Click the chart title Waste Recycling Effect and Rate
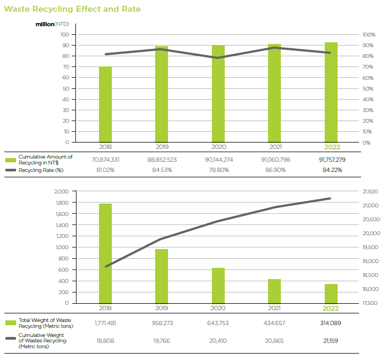[x=72, y=9]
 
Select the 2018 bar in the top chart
[x=105, y=104]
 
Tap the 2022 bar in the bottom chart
[x=331, y=293]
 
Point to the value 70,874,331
[x=105, y=160]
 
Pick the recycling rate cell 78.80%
[x=218, y=170]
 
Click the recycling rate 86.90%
[x=274, y=170]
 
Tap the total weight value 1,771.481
[x=105, y=323]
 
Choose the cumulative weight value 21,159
[x=331, y=340]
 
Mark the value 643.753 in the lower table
[x=218, y=323]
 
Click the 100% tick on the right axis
[x=369, y=35]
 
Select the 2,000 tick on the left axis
[x=62, y=191]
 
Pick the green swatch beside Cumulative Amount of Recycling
[x=11, y=160]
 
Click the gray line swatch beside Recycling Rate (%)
[x=11, y=170]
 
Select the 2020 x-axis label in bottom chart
[x=218, y=308]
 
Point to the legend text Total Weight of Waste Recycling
[x=45, y=323]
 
